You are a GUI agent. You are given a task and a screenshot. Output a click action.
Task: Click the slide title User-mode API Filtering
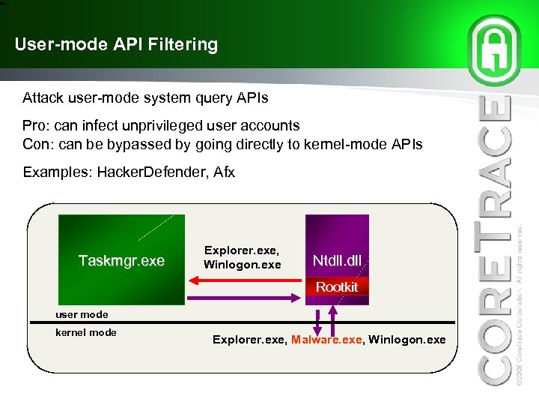(116, 45)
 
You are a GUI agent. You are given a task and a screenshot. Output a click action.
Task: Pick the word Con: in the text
(38, 143)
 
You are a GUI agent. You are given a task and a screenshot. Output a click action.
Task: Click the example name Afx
(225, 172)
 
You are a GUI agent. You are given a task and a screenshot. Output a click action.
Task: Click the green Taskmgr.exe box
(121, 260)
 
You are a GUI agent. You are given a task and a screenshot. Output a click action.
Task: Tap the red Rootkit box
(337, 287)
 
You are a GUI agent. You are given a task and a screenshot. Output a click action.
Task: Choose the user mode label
(82, 314)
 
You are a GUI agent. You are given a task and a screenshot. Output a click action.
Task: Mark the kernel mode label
(86, 332)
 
